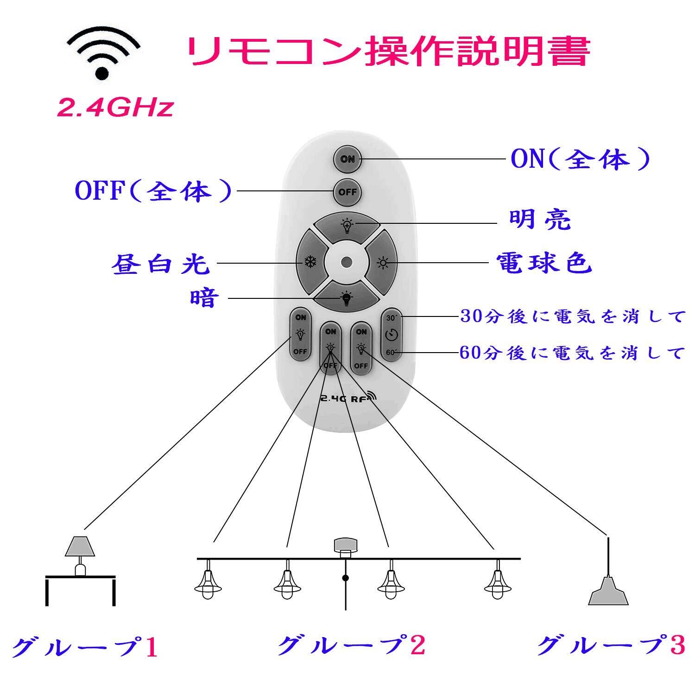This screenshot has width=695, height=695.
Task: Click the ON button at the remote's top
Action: (x=347, y=159)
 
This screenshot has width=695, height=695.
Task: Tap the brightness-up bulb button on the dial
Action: (x=346, y=226)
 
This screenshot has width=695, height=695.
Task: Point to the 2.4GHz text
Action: (x=115, y=108)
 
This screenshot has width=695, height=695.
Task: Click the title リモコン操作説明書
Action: (x=388, y=52)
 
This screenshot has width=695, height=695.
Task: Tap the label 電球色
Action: (x=544, y=263)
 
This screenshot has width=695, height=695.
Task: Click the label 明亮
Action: (x=540, y=220)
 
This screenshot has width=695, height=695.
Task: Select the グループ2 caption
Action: (x=351, y=645)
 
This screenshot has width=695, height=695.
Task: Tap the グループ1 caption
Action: (x=84, y=647)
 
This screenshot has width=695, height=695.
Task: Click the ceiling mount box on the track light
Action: (x=346, y=546)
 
